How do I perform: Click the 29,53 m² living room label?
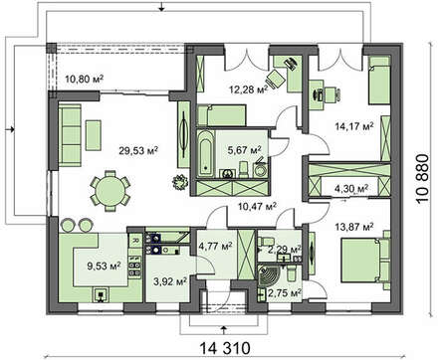click(x=138, y=150)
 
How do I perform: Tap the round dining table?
click(x=110, y=191)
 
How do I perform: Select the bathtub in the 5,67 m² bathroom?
click(x=206, y=154)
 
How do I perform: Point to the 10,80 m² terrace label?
click(x=85, y=79)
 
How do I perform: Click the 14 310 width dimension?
click(x=225, y=348)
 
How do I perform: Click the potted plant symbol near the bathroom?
click(x=180, y=182)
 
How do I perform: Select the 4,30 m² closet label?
click(x=351, y=189)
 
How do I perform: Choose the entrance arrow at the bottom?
click(x=224, y=330)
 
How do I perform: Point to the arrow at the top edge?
click(x=161, y=7)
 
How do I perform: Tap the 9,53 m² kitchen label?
click(x=104, y=266)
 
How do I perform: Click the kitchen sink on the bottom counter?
click(x=101, y=294)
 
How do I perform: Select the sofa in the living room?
click(x=70, y=135)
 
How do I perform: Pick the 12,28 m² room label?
click(x=249, y=90)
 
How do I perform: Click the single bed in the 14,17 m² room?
click(x=379, y=81)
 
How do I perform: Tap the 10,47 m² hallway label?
click(x=258, y=207)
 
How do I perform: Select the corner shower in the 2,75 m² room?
click(x=270, y=274)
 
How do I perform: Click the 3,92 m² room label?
click(x=170, y=281)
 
